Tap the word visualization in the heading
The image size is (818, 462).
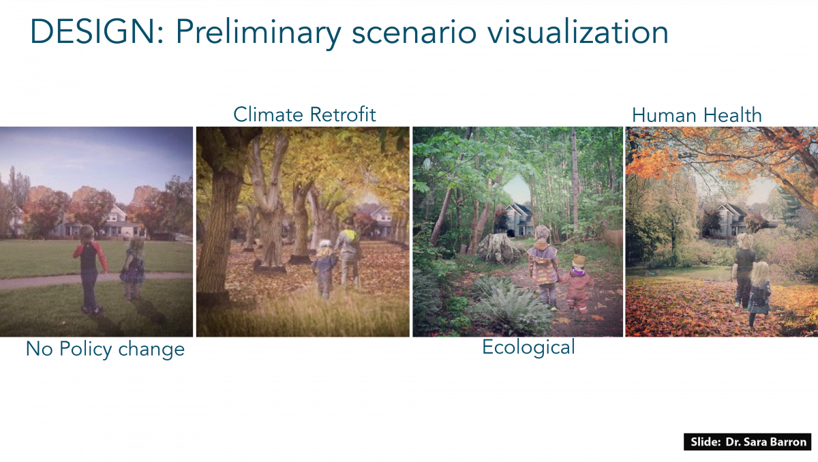578,31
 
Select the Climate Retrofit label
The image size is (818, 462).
305,114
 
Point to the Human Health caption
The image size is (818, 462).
697,115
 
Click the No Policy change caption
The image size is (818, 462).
105,349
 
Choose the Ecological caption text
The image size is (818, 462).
528,347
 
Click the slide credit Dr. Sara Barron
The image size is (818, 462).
766,442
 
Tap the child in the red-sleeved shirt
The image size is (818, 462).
89,268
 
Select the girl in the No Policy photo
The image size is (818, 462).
134,269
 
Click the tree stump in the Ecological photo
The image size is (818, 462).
500,247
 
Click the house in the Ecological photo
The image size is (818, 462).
515,220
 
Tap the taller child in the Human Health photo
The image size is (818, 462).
744,269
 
